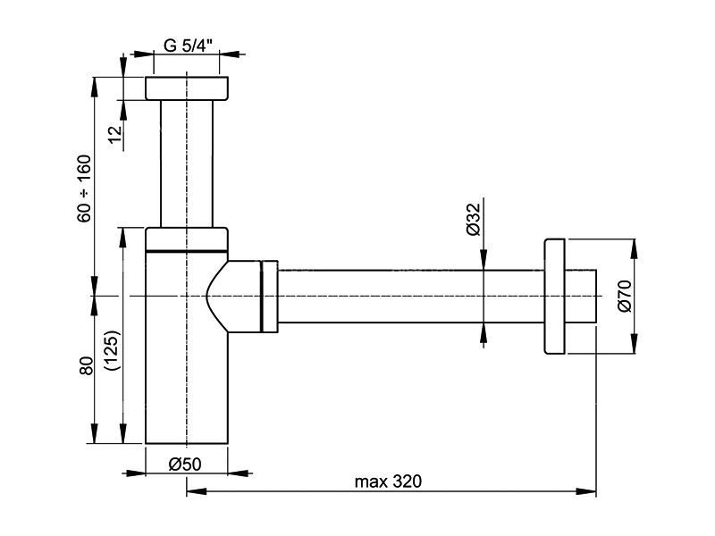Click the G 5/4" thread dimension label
188,46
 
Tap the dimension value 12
116,133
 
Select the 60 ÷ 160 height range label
84,188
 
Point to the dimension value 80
86,365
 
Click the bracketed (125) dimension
113,350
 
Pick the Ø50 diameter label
185,465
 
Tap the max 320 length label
389,482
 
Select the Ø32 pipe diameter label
474,219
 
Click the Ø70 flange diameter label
625,297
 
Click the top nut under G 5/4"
187,88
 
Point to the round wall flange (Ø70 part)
554,297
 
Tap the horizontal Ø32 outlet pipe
411,297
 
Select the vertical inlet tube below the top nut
187,163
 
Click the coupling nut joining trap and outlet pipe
269,297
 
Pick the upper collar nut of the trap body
187,239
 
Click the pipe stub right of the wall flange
580,297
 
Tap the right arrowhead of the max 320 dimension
586,491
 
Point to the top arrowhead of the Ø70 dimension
634,248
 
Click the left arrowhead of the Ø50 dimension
135,473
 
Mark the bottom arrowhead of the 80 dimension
95,433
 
